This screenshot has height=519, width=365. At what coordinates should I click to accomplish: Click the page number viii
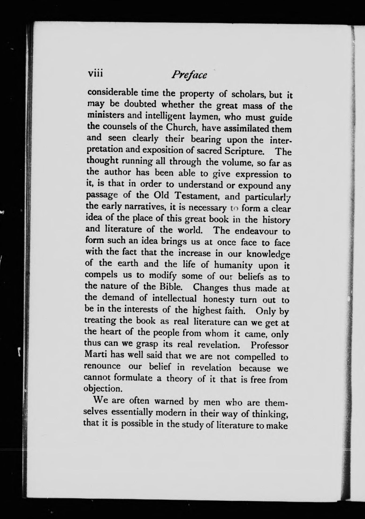click(96, 73)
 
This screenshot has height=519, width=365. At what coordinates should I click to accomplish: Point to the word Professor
click(269, 345)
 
